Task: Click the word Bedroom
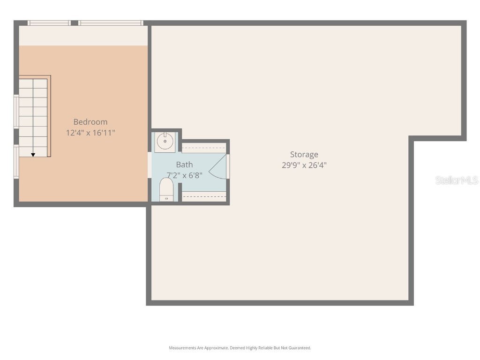click(x=90, y=122)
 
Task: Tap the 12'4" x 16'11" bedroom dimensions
click(x=90, y=133)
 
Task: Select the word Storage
click(x=304, y=154)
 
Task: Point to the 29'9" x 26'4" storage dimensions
click(x=304, y=165)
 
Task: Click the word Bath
click(x=184, y=165)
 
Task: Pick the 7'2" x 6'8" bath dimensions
click(x=185, y=175)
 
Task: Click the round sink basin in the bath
click(x=165, y=141)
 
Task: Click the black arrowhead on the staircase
click(x=33, y=154)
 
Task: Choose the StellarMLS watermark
click(x=456, y=180)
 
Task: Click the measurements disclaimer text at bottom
click(x=240, y=348)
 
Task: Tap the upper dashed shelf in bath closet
click(x=204, y=148)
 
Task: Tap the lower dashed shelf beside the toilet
click(x=204, y=197)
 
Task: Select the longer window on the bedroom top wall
click(x=110, y=22)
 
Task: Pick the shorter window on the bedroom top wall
click(x=49, y=22)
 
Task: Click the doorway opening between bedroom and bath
click(x=150, y=165)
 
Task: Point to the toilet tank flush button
click(x=166, y=198)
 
